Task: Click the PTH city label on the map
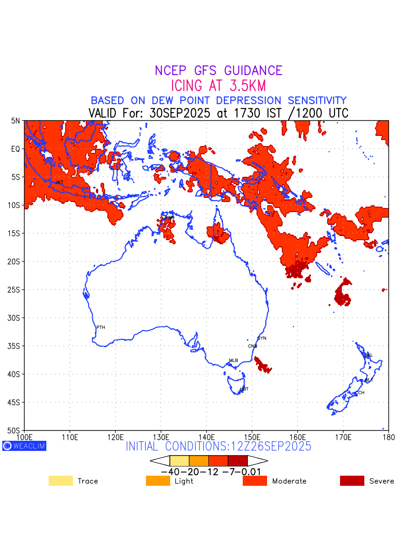click(x=100, y=327)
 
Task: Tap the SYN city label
click(x=262, y=338)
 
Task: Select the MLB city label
click(x=234, y=360)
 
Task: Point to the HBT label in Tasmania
click(x=244, y=389)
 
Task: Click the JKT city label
click(x=59, y=183)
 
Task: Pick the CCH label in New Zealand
click(x=360, y=393)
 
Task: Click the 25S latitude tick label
click(x=14, y=290)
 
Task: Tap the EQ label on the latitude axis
click(x=16, y=149)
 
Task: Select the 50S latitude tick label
click(x=14, y=431)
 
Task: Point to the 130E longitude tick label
click(x=161, y=437)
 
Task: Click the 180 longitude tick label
click(x=388, y=437)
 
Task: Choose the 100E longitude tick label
click(x=24, y=437)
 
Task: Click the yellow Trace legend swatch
click(x=61, y=481)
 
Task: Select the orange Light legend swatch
click(x=158, y=481)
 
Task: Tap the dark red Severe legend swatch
click(x=352, y=481)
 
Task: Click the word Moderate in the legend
click(x=289, y=481)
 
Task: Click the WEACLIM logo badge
click(x=24, y=446)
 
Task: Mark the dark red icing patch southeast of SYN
click(x=262, y=365)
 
